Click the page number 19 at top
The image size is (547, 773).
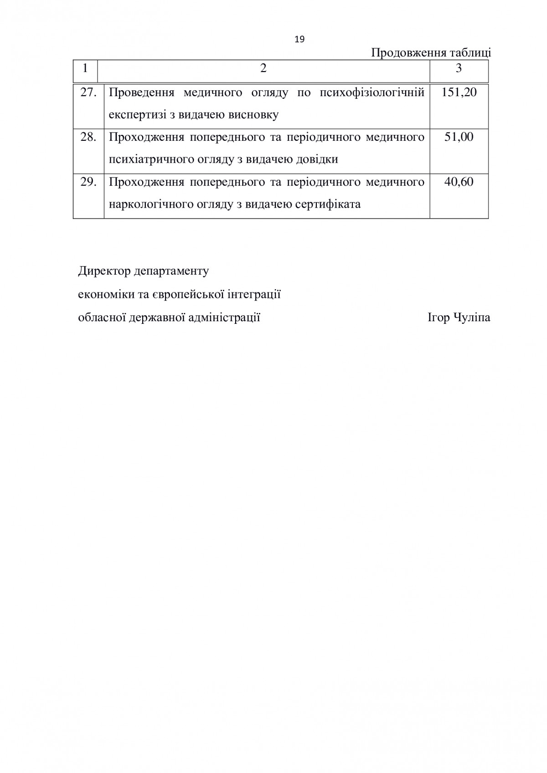click(x=299, y=39)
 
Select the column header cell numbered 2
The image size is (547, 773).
click(x=263, y=68)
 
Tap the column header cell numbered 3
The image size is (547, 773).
click(x=459, y=68)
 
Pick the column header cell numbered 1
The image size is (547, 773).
click(x=85, y=68)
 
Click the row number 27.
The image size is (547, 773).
click(x=88, y=92)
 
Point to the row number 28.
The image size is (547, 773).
click(x=88, y=137)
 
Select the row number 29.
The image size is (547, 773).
click(x=88, y=182)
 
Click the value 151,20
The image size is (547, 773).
click(x=459, y=92)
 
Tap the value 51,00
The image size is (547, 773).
click(x=459, y=137)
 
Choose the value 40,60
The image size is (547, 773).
click(x=459, y=182)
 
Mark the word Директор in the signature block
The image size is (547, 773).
click(x=104, y=271)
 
